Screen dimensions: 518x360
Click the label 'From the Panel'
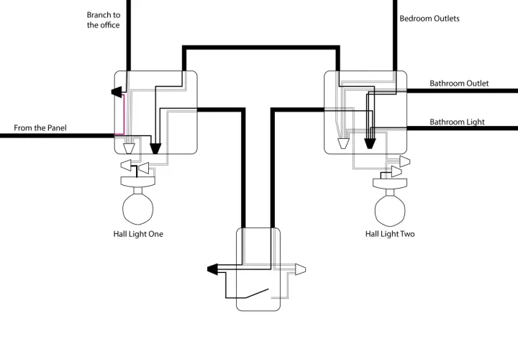40,128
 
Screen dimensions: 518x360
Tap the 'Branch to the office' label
104,20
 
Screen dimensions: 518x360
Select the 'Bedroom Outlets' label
430,19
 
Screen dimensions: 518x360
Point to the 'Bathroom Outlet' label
459,84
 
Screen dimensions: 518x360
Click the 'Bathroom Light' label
457,122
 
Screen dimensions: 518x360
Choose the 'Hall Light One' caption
138,234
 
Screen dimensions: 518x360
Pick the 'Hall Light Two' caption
390,234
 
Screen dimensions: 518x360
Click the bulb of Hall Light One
137,207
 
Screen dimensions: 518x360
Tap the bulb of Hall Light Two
390,209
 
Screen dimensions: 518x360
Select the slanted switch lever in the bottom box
257,293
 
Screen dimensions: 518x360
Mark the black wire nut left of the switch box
212,269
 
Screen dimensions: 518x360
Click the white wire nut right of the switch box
300,269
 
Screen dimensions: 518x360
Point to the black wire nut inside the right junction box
370,143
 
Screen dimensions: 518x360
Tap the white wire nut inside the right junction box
344,143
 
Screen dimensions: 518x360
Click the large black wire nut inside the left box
155,149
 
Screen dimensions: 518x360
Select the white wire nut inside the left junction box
129,149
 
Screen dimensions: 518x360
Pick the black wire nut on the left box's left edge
117,92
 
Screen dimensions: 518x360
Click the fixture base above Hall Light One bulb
137,182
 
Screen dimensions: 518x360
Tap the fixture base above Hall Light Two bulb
390,184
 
